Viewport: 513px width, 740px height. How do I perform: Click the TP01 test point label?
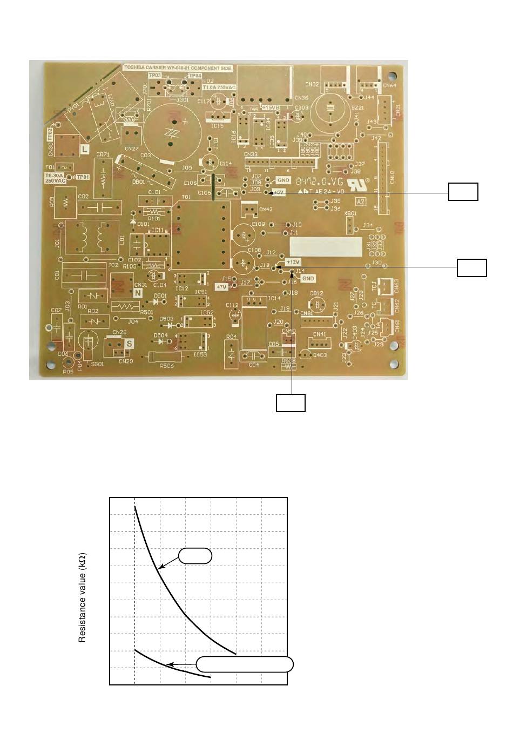click(83, 177)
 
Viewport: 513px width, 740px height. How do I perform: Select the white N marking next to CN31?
click(138, 293)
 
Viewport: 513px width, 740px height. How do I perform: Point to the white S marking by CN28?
click(130, 343)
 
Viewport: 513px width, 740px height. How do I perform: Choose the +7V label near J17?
click(222, 287)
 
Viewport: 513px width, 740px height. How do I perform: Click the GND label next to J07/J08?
click(283, 180)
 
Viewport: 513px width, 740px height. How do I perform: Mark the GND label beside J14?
click(307, 279)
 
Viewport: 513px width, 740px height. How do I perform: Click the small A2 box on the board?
click(361, 202)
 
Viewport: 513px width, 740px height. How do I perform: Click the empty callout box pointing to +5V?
click(463, 192)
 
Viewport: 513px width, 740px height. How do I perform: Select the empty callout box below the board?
click(291, 403)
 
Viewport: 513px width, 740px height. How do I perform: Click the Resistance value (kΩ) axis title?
click(83, 597)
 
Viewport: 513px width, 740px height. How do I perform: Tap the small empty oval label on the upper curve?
click(195, 556)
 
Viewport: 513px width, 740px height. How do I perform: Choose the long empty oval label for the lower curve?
click(245, 664)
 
